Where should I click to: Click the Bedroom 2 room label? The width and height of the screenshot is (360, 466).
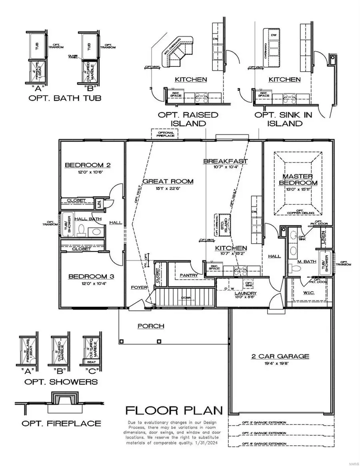(87, 165)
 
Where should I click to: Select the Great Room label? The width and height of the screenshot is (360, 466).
(168, 181)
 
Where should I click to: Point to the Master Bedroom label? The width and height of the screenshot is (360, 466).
(297, 180)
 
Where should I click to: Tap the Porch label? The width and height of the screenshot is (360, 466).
(151, 326)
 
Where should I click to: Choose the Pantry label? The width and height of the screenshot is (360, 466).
(187, 275)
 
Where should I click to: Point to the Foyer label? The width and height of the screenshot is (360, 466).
(139, 288)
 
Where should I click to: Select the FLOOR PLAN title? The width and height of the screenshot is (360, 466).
(174, 410)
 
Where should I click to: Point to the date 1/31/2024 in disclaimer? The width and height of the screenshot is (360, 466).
(210, 443)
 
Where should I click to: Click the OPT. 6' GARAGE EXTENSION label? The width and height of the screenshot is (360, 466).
(264, 444)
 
